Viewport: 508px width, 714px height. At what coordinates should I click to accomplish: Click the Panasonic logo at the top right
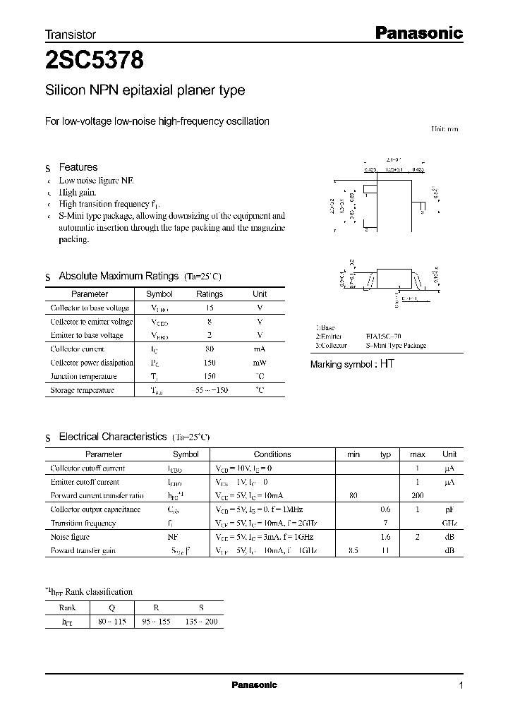[418, 32]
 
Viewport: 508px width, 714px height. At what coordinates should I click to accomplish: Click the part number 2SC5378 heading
[95, 61]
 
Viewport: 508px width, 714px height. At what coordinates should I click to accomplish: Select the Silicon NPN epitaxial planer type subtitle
[145, 90]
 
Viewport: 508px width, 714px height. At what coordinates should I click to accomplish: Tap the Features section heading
[78, 167]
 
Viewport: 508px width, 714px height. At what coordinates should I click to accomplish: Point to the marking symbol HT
[387, 364]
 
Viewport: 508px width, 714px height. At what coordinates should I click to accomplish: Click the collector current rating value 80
[210, 349]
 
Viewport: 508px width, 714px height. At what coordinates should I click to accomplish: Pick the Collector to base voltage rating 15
[210, 308]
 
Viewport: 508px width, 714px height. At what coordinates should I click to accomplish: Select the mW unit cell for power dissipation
[260, 363]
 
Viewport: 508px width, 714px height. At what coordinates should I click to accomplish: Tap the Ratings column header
[210, 294]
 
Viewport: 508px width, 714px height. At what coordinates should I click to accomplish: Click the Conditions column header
[272, 454]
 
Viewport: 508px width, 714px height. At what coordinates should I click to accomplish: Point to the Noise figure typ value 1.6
[385, 537]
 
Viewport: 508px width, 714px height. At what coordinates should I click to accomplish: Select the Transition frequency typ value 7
[386, 524]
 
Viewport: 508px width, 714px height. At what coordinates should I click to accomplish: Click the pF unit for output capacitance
[449, 509]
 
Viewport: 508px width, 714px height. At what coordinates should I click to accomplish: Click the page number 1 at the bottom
[461, 686]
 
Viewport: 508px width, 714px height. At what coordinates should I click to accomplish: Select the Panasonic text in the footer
[255, 685]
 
